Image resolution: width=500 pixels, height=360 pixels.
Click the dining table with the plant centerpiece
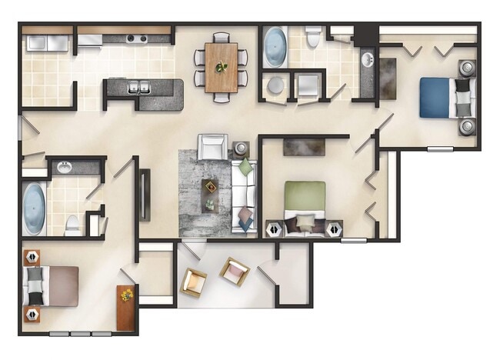click(222, 67)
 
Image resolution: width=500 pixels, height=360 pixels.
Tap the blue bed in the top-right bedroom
click(438, 98)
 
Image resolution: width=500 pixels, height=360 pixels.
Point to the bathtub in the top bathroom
click(275, 48)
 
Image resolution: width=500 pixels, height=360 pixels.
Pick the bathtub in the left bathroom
click(34, 208)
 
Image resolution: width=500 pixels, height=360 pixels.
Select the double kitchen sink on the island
click(139, 86)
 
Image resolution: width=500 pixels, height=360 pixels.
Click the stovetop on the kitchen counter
click(137, 38)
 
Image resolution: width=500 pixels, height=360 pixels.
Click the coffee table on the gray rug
click(210, 195)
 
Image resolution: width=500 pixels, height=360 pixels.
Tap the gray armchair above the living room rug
click(212, 146)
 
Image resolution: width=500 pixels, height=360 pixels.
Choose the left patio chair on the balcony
click(193, 283)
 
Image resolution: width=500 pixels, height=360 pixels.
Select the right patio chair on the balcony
click(235, 272)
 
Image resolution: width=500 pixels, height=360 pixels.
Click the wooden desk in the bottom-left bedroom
click(125, 307)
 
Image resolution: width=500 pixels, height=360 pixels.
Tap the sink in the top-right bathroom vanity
click(366, 62)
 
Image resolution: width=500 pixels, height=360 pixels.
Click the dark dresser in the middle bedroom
click(305, 146)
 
